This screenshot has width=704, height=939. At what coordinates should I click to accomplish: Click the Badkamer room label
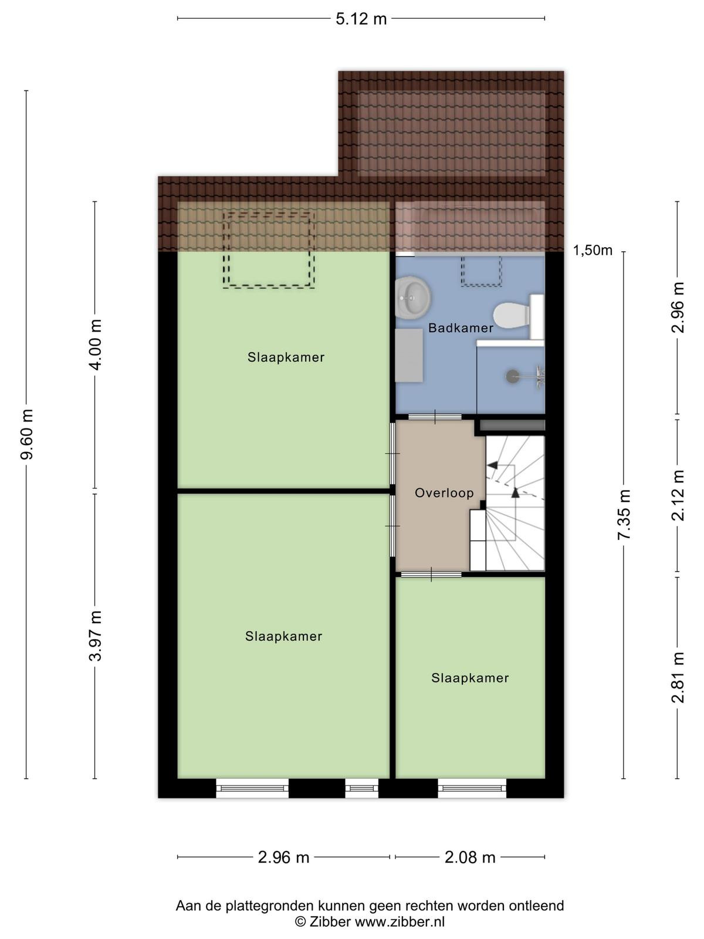coord(461,328)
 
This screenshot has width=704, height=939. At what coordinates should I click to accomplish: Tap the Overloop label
coord(444,493)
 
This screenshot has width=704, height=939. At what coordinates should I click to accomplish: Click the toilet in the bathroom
coord(518,316)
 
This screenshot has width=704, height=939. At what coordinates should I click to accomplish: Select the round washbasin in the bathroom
coord(412,298)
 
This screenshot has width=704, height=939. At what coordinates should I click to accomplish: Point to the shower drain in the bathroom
coord(512,376)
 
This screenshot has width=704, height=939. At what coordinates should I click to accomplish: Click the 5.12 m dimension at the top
coord(361,19)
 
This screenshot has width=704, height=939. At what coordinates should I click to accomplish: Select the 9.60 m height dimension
coord(26,435)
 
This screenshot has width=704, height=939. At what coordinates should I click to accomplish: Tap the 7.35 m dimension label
coord(624,515)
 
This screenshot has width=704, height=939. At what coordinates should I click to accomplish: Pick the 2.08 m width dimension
coord(470,857)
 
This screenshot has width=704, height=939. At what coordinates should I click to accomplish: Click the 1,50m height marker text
coord(593,250)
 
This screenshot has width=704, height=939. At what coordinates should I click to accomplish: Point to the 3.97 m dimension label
coord(95,636)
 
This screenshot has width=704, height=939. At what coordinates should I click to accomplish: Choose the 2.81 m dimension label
coord(678,678)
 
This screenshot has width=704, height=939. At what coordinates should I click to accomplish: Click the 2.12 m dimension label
coord(678,495)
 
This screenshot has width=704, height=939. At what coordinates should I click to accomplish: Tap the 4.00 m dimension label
coord(95,345)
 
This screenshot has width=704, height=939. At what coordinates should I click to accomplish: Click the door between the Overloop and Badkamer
coord(435,417)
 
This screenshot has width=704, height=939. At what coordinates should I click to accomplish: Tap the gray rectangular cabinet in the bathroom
coord(409,355)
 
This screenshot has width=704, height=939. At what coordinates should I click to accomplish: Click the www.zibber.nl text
coord(400,921)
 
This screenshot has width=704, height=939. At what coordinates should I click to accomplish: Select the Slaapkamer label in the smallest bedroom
coord(470,678)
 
